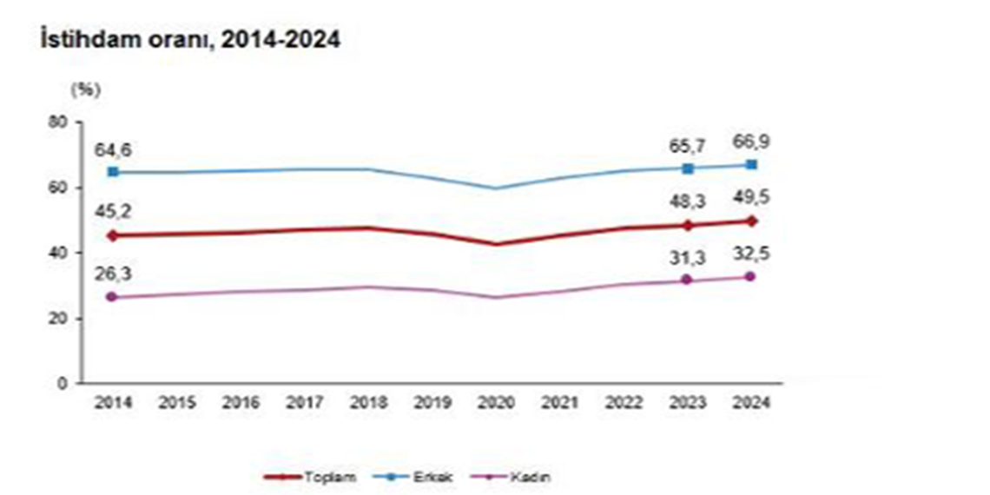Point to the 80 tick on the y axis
tap(61, 122)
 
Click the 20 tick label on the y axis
tap(61, 318)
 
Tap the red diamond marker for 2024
tap(751, 221)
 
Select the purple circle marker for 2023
tap(688, 280)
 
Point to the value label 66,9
tap(751, 142)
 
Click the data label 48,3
tap(688, 201)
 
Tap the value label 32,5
tap(751, 255)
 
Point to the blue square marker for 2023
tap(688, 168)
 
